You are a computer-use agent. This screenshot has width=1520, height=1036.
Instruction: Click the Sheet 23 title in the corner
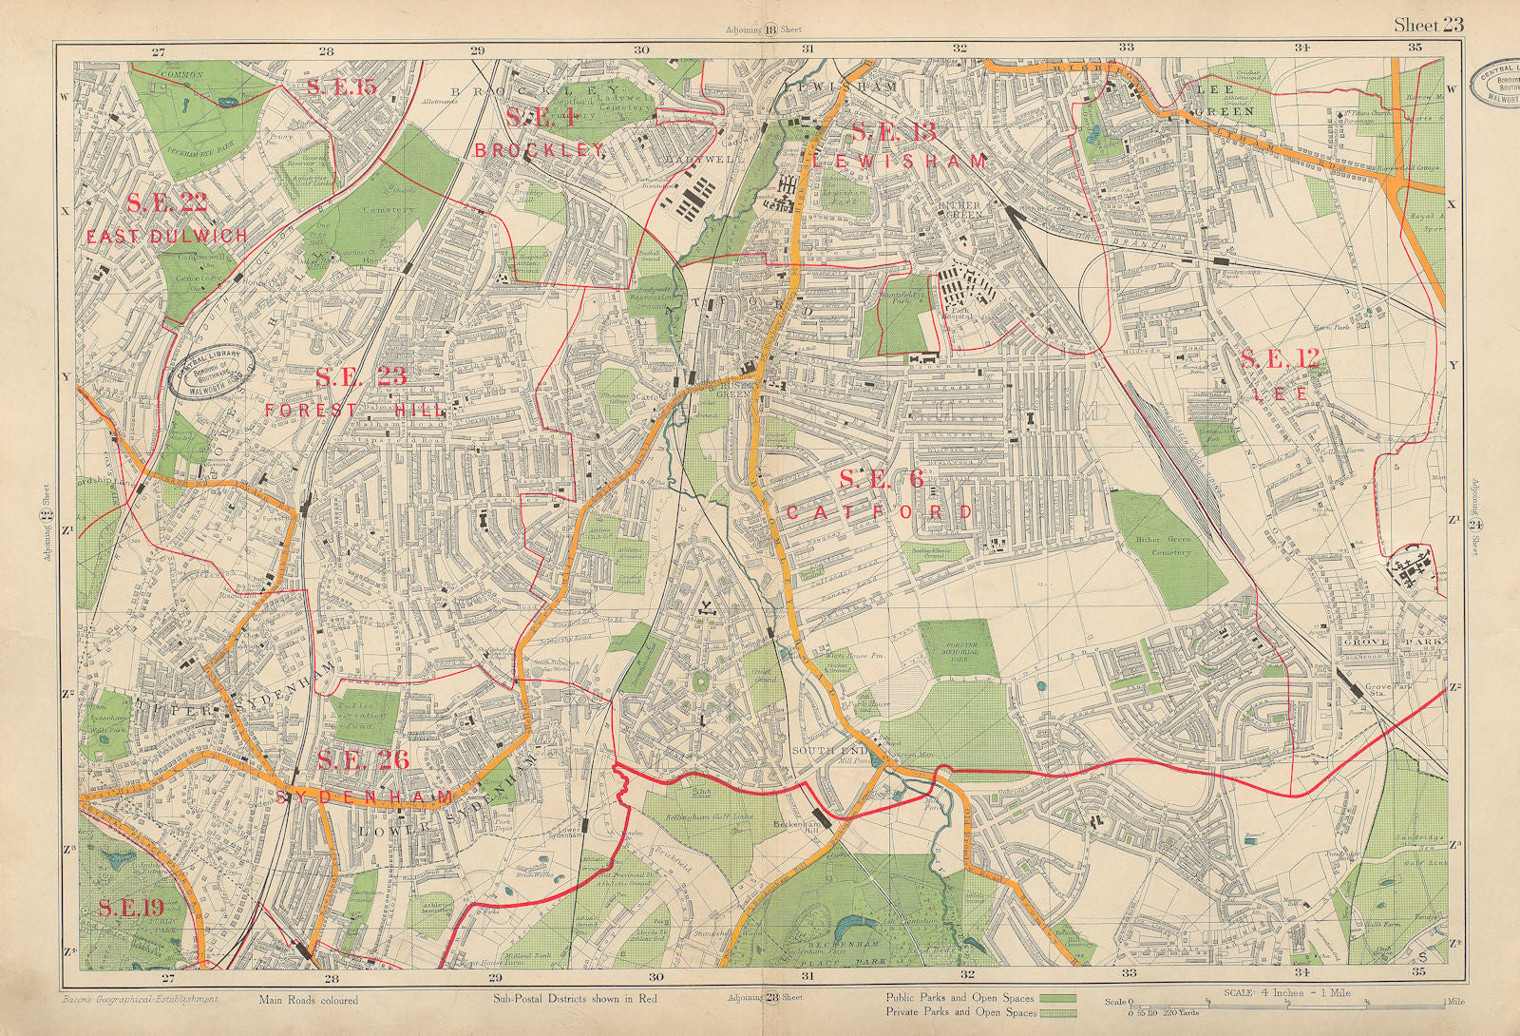click(x=1428, y=26)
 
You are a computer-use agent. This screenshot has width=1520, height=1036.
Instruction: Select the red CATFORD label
click(x=879, y=512)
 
